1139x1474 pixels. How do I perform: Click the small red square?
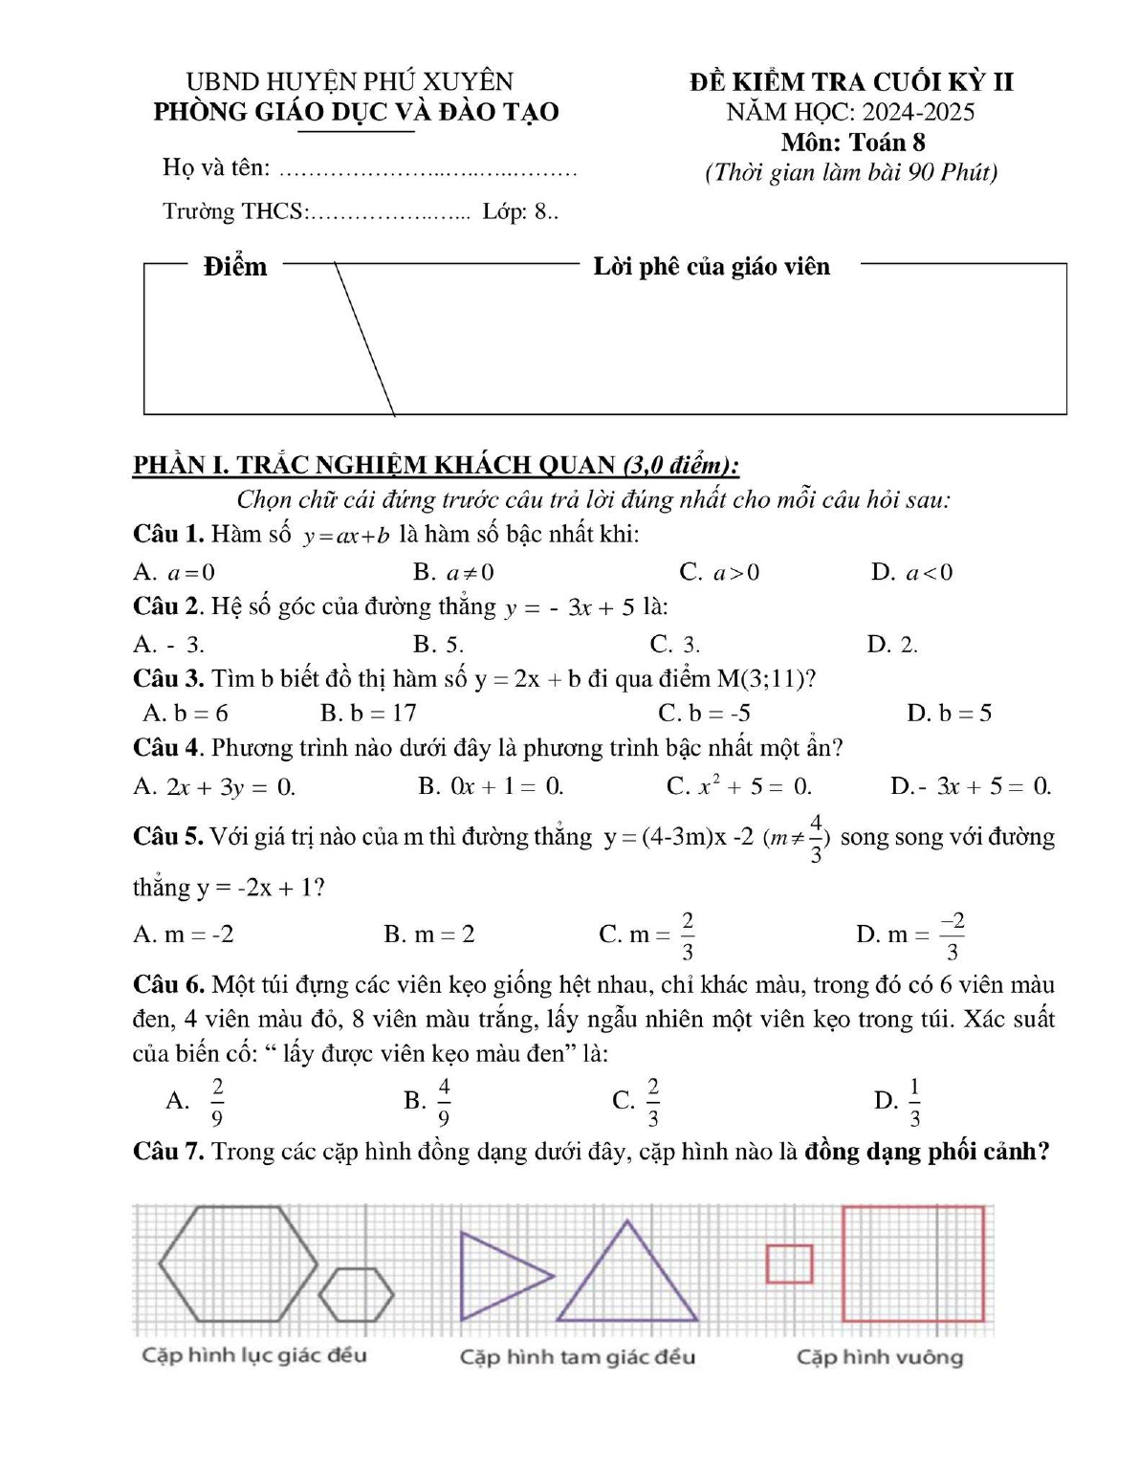tap(789, 1264)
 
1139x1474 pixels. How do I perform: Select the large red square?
tap(912, 1264)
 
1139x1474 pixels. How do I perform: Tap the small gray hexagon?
tap(356, 1295)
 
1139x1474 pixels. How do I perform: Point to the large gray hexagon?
tap(238, 1264)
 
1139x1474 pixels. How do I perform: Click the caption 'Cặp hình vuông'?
tap(880, 1356)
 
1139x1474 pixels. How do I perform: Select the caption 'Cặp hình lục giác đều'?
tap(254, 1354)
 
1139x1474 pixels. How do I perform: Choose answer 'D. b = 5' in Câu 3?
tap(949, 713)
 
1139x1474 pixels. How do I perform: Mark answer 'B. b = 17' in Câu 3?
tap(368, 713)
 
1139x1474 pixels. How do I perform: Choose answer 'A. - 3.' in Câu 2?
tap(169, 644)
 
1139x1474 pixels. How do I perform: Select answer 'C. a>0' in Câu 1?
tap(719, 572)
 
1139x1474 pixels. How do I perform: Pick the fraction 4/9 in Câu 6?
tap(444, 1101)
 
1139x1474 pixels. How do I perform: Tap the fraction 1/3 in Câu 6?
tap(914, 1101)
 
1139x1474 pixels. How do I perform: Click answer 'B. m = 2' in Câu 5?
tap(428, 934)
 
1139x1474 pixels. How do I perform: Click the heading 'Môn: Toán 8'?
tap(853, 143)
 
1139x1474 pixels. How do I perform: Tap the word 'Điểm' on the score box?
tap(235, 266)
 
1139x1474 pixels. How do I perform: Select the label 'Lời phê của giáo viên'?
tap(712, 266)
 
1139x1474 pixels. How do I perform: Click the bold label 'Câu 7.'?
tap(168, 1151)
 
